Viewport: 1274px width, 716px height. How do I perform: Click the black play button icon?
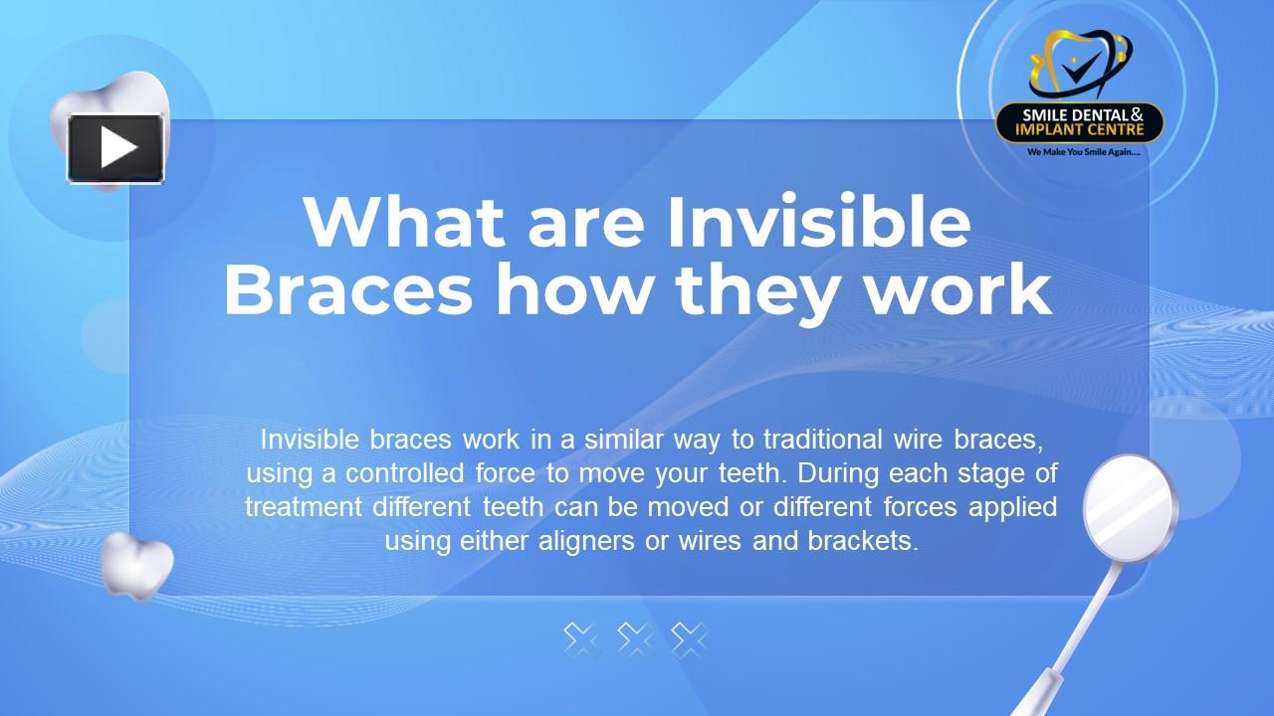115,148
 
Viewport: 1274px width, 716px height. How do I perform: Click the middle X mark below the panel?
635,639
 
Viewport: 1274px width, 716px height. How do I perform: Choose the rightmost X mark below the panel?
689,639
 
